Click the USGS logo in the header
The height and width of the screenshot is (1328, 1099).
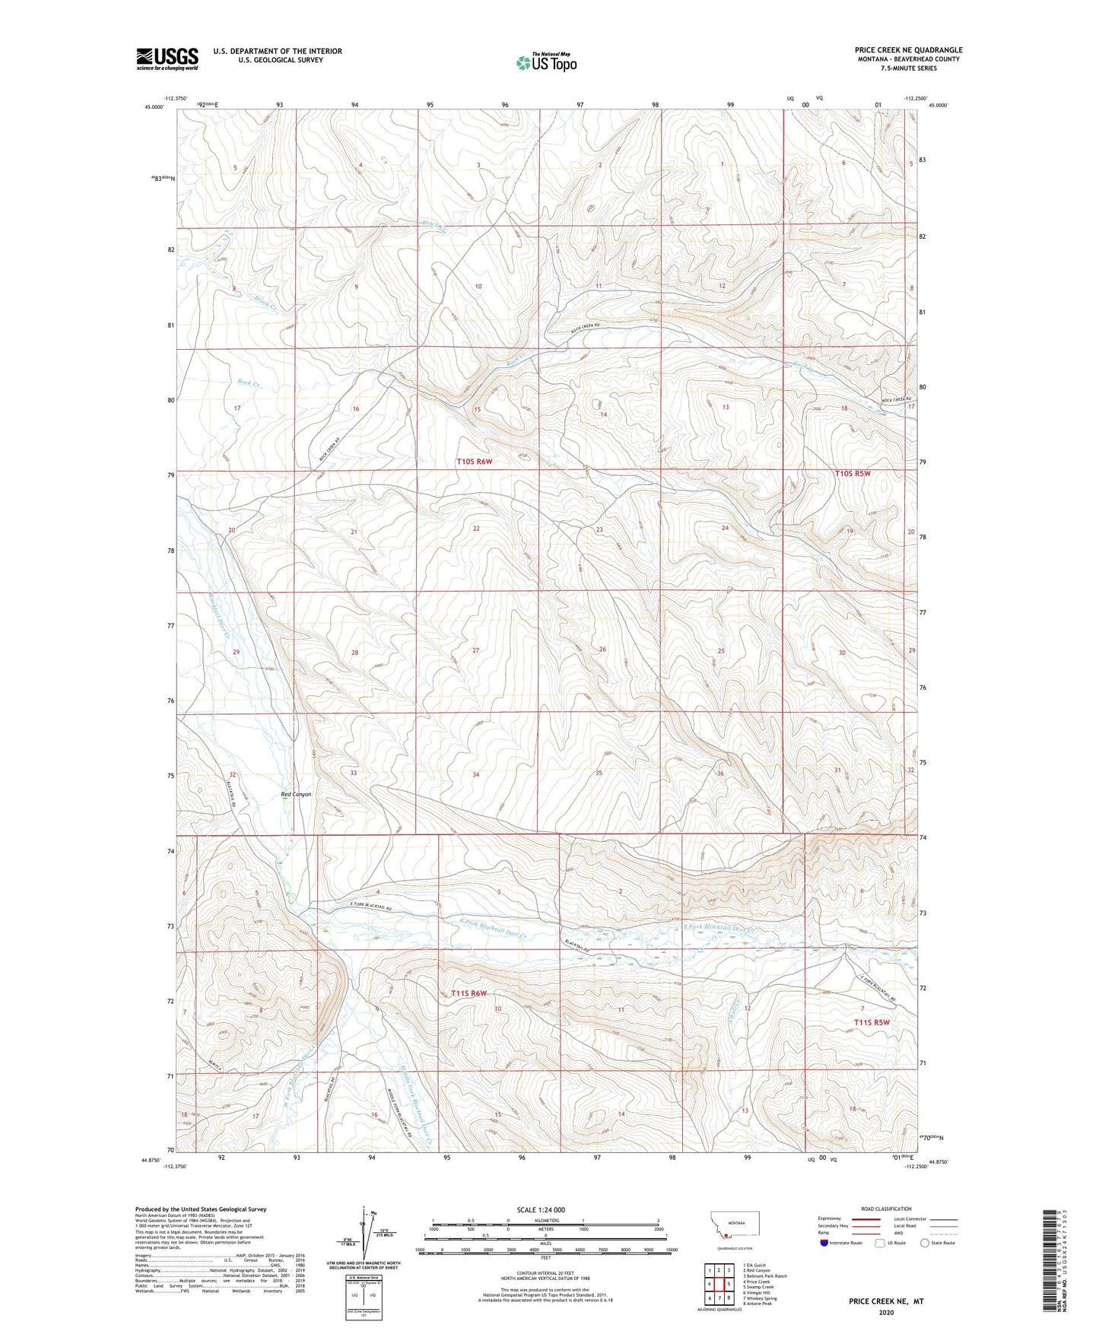(x=167, y=58)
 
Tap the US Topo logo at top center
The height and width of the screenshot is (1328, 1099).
(x=545, y=63)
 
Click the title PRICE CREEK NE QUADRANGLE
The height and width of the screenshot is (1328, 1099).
(x=908, y=50)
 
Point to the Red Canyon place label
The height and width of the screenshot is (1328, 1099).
(x=296, y=794)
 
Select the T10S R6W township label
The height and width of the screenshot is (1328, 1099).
(x=475, y=462)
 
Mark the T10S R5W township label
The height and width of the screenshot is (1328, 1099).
(x=853, y=473)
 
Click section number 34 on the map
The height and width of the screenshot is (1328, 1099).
(x=476, y=774)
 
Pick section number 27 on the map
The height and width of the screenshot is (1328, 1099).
(x=476, y=650)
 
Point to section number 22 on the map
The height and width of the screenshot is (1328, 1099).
(x=476, y=528)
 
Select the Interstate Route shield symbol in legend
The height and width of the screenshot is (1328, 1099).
(x=824, y=1243)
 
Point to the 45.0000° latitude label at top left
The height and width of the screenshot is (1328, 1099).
(x=154, y=107)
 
